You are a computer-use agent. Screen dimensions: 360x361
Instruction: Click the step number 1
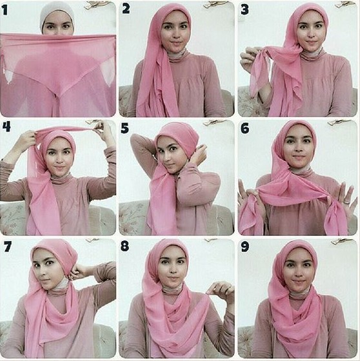[x=5, y=10]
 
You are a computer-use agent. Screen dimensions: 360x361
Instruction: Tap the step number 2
[x=126, y=9]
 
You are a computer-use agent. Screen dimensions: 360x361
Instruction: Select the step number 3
[x=245, y=10]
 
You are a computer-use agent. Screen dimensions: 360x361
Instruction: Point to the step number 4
[x=6, y=126]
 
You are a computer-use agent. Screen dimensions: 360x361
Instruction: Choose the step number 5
[x=125, y=128]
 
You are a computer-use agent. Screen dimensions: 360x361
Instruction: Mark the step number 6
[x=245, y=128]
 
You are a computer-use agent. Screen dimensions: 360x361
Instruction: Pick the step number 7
[x=7, y=246]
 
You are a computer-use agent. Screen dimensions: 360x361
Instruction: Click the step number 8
[x=125, y=246]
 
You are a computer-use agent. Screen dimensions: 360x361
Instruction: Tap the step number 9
[x=245, y=246]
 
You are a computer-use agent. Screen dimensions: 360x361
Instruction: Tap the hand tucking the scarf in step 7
[x=78, y=271]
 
